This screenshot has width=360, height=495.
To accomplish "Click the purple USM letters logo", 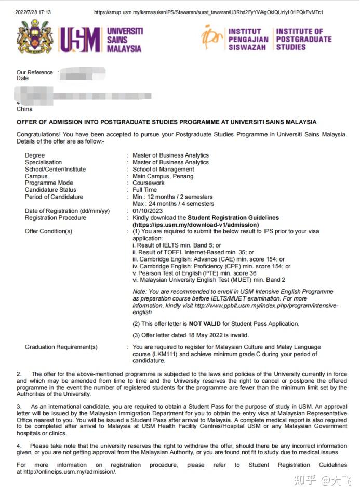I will pyautogui.click(x=80, y=40).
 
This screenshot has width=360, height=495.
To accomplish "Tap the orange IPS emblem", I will pyautogui.click(x=212, y=37).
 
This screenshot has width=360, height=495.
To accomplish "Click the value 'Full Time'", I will pyautogui.click(x=144, y=190).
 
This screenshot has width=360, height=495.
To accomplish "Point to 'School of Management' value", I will pyautogui.click(x=163, y=169).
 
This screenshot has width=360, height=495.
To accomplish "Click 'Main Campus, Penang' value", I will pyautogui.click(x=163, y=176).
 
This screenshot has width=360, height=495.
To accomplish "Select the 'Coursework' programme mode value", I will pyautogui.click(x=148, y=183).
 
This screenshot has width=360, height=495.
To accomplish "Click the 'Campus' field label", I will pyautogui.click(x=36, y=176).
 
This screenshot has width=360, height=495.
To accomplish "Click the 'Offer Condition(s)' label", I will pyautogui.click(x=48, y=231).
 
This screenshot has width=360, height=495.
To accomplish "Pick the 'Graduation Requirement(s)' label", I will pyautogui.click(x=61, y=347).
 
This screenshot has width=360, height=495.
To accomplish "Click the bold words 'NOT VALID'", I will pyautogui.click(x=195, y=324).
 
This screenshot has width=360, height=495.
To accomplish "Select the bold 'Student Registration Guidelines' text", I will pyautogui.click(x=233, y=217).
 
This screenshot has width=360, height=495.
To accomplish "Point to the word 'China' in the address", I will pyautogui.click(x=24, y=109).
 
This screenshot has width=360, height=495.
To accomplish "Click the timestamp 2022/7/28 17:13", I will pyautogui.click(x=33, y=12).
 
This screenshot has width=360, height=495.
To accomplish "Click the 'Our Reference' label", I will pyautogui.click(x=35, y=72).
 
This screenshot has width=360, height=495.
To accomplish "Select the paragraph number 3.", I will pyautogui.click(x=19, y=406).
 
